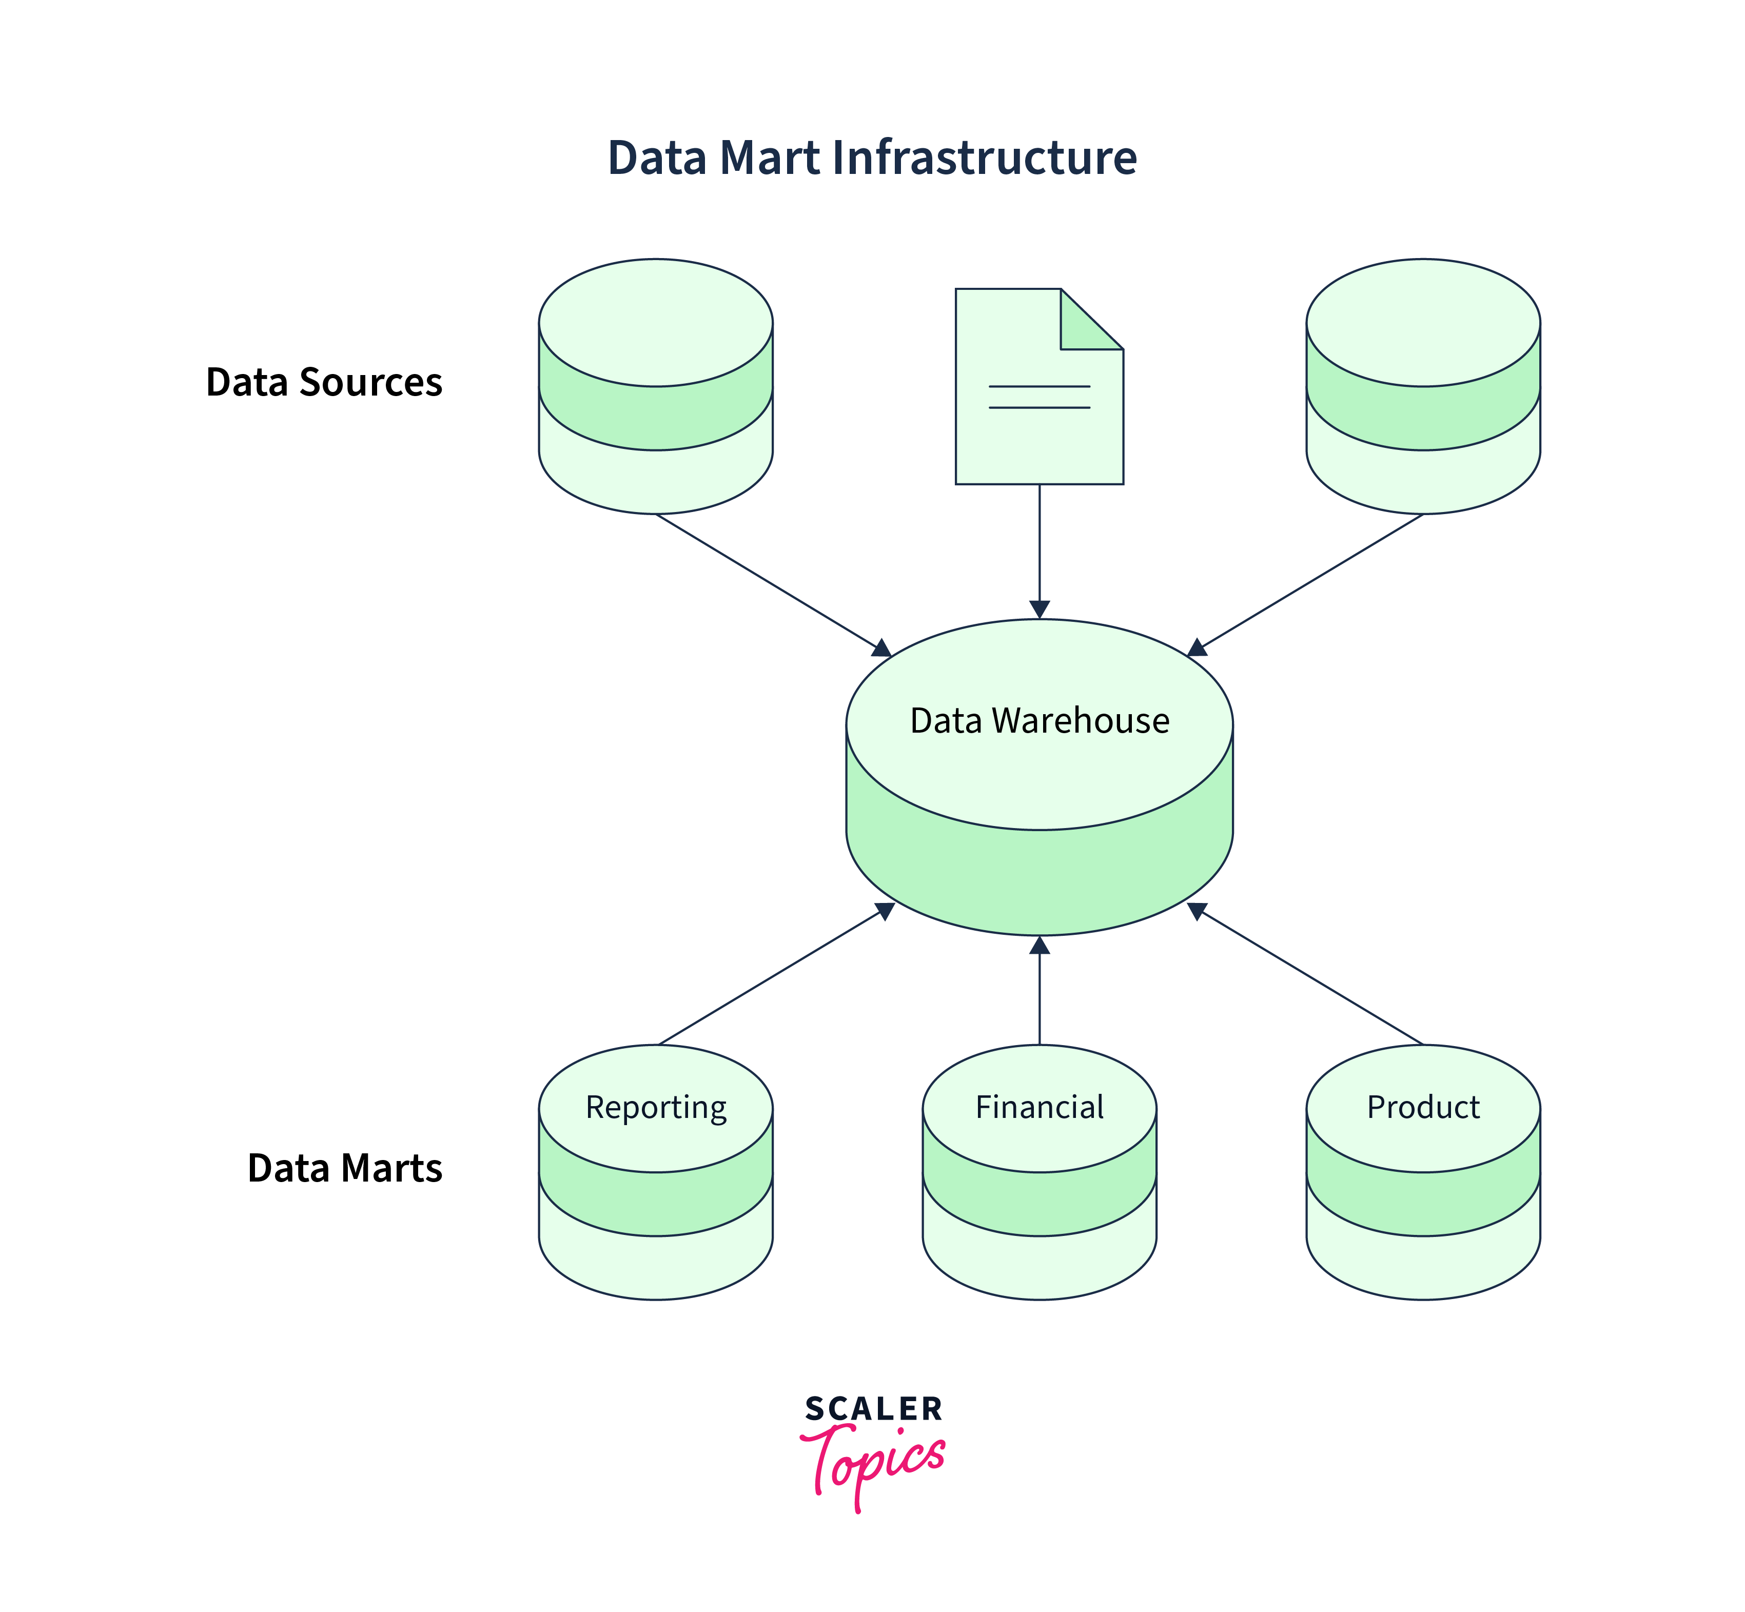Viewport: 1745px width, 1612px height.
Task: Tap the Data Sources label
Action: [324, 382]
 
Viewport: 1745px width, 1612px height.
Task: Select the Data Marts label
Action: [345, 1168]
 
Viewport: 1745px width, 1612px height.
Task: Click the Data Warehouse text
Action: [1039, 720]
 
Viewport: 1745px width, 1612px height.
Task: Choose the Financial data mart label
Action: [1039, 1107]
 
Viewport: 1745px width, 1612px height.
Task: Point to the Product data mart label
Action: [1423, 1107]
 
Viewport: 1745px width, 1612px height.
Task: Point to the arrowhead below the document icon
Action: [1039, 609]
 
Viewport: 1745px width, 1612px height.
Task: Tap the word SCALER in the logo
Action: [872, 1409]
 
